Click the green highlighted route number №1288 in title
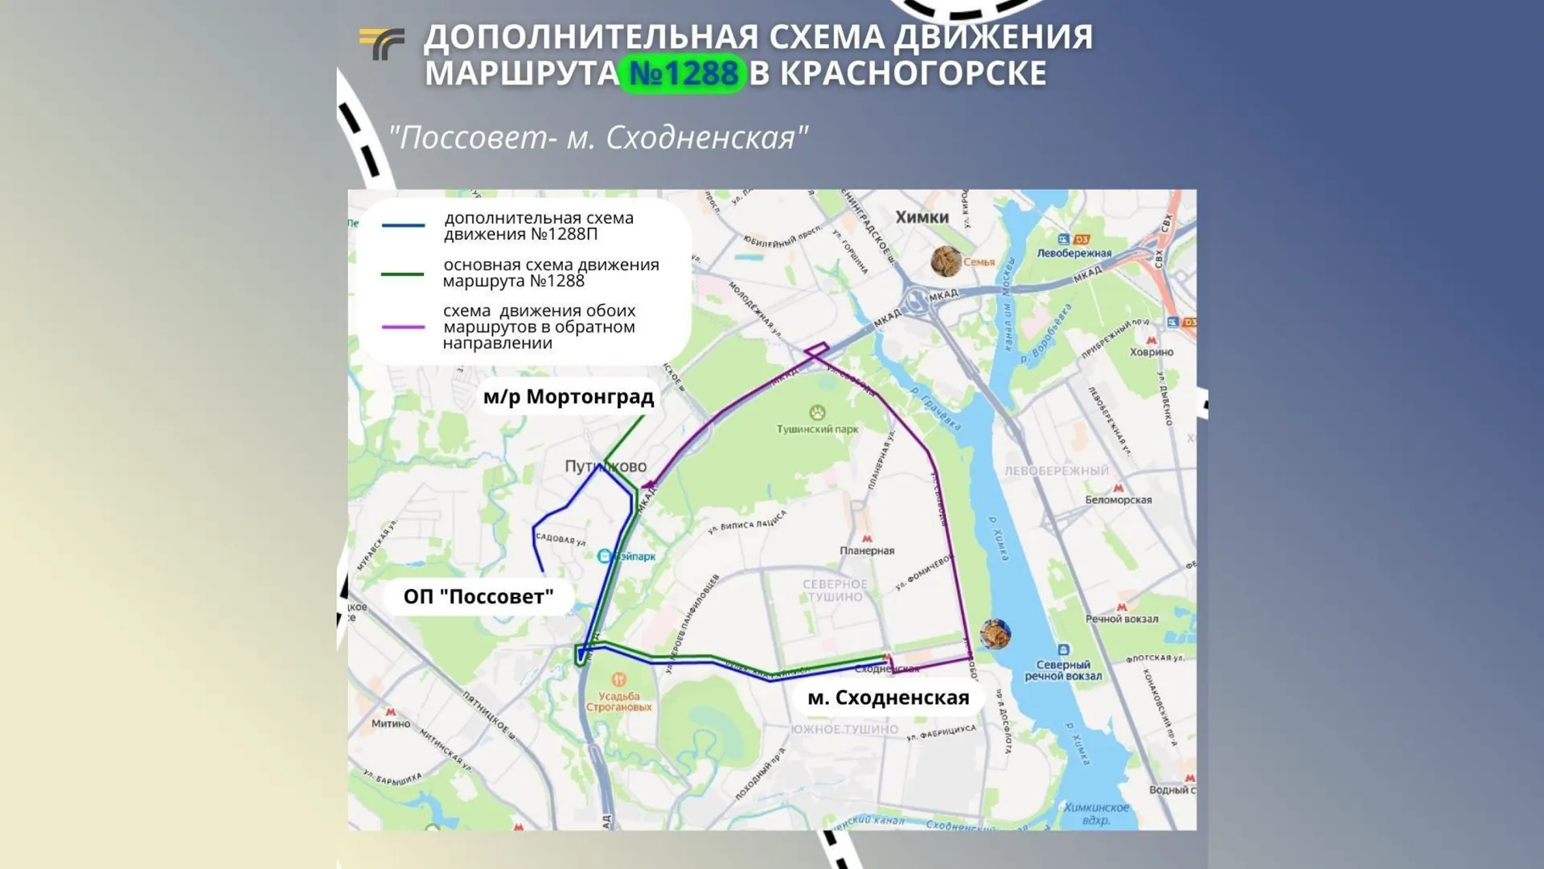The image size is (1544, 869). point(683,73)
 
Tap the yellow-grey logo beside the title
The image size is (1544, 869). point(381,43)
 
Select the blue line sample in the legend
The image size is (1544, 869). point(403,226)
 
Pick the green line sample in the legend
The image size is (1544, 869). point(402,274)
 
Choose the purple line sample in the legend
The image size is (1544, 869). point(403,327)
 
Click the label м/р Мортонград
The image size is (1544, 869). point(568,397)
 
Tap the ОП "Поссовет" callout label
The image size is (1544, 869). point(478,596)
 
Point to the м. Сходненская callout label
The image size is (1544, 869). point(888,698)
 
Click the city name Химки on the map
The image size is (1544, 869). point(922,217)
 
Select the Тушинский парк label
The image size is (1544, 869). point(817,429)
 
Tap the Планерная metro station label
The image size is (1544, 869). point(867,550)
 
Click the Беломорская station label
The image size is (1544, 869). point(1118,500)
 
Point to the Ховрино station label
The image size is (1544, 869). point(1151,352)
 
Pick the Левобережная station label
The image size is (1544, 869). point(1074,253)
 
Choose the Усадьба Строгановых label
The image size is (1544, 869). point(618,702)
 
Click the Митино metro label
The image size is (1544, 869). point(391,723)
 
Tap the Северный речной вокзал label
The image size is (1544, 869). point(1062,670)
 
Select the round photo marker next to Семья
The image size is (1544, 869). point(946,262)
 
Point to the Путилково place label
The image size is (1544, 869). point(605,467)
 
